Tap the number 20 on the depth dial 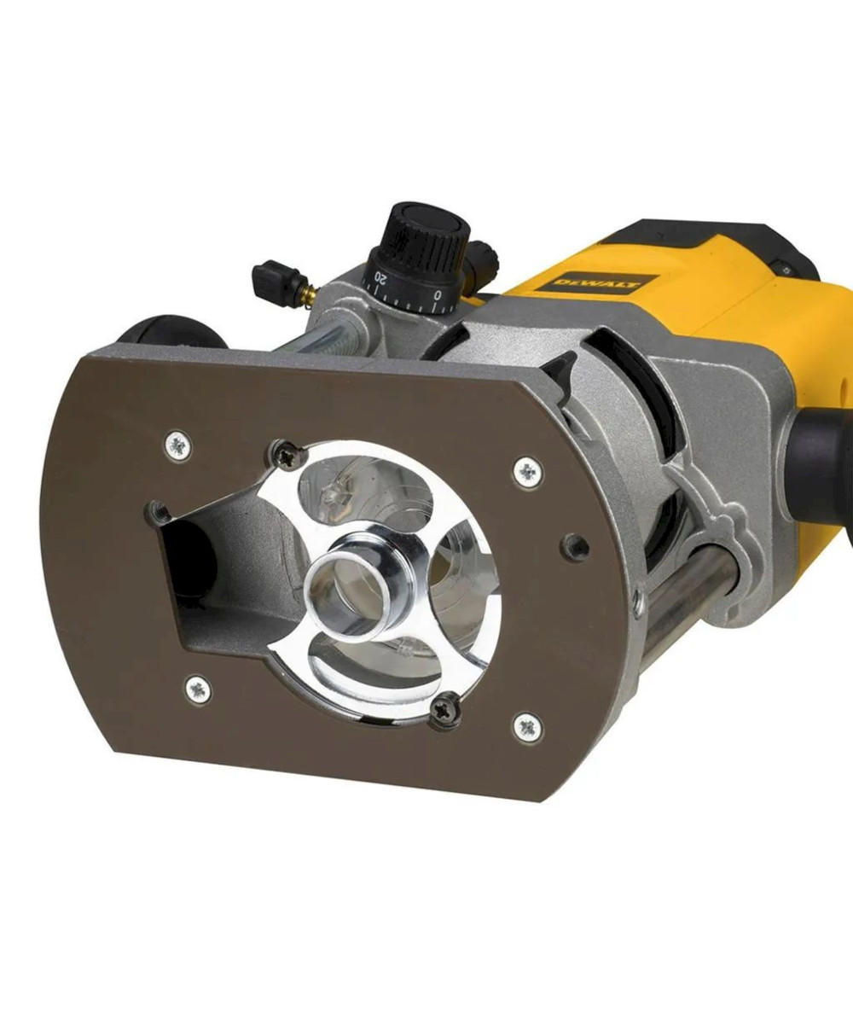pos(381,279)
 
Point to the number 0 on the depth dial pos(438,294)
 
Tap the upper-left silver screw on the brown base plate pos(177,445)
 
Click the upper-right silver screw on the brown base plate pos(528,472)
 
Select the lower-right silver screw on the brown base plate pos(527,728)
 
